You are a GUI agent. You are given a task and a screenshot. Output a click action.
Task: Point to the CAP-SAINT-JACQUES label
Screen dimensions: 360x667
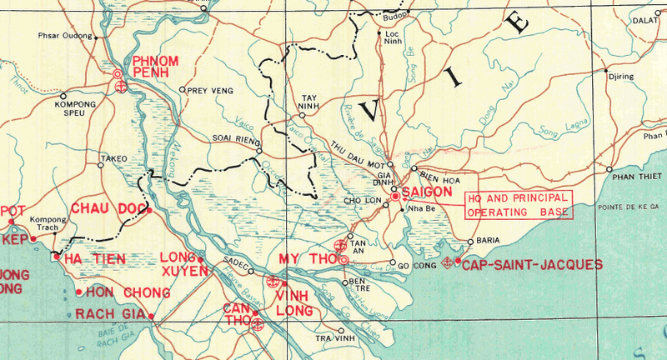[532, 264]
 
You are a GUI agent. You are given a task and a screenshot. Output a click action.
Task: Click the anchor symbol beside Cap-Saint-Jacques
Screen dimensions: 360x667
[447, 264]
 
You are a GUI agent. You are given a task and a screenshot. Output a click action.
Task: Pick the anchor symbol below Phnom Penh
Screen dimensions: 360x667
[119, 87]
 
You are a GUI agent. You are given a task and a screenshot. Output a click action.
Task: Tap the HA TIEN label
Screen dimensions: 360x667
[94, 259]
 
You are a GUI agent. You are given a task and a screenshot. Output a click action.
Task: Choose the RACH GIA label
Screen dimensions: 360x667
[110, 314]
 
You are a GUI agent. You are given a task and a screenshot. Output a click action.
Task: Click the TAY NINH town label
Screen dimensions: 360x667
[310, 102]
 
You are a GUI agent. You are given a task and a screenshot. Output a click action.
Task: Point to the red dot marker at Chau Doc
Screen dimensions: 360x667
[148, 210]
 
